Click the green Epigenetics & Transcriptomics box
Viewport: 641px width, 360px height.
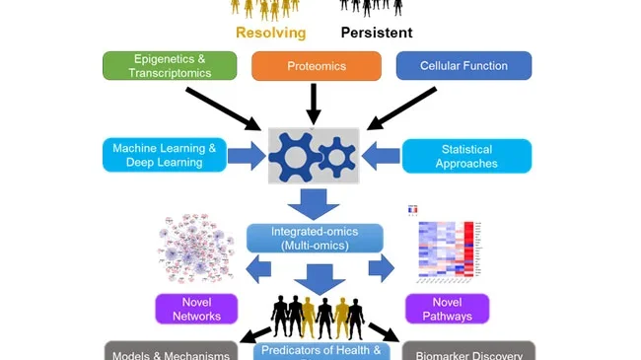coord(170,66)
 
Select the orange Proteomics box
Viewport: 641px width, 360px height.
coord(316,66)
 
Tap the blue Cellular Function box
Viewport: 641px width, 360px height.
coord(463,66)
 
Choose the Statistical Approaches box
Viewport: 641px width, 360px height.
coord(466,156)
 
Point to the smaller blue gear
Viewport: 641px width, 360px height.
coord(337,155)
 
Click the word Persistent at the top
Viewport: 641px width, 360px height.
coord(377,33)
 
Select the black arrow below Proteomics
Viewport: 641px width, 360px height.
coord(315,103)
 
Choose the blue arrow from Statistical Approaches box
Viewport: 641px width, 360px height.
coord(381,155)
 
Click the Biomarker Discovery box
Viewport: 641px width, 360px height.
coord(467,352)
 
